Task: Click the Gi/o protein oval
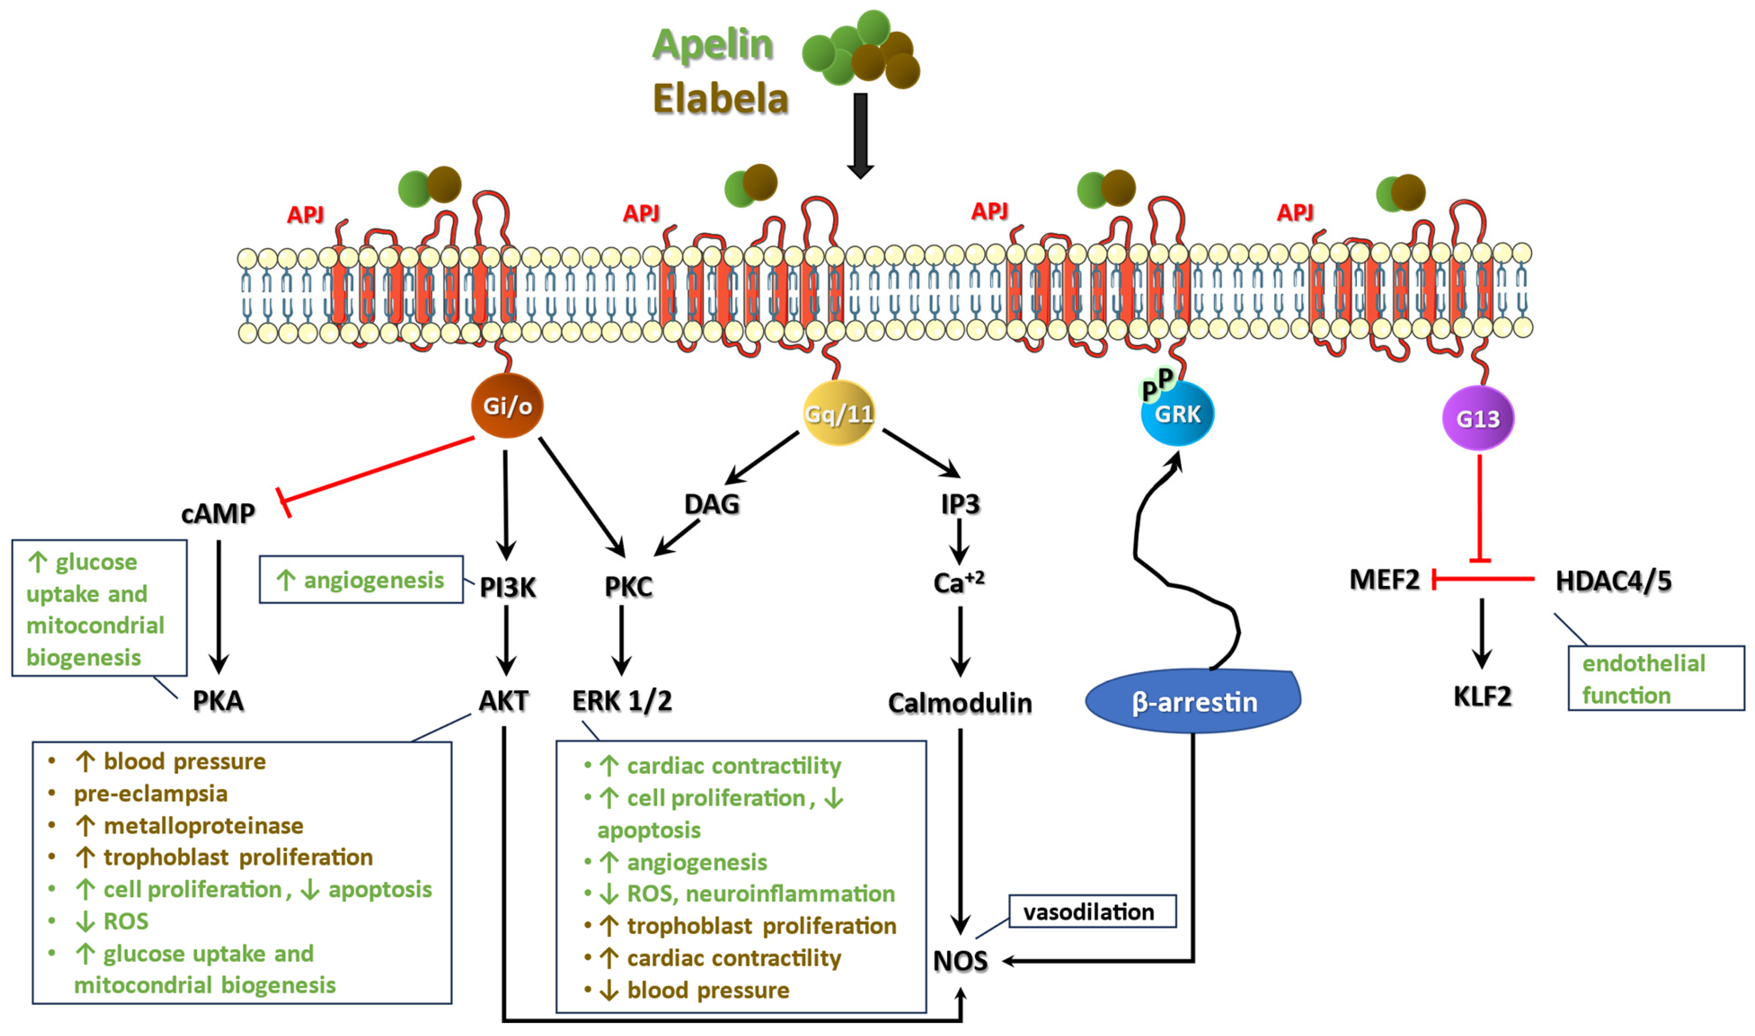pyautogui.click(x=507, y=406)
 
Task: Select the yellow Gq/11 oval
pyautogui.click(x=838, y=413)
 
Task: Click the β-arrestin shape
pyautogui.click(x=1193, y=702)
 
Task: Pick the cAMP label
pyautogui.click(x=218, y=514)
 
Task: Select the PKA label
pyautogui.click(x=218, y=701)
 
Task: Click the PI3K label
pyautogui.click(x=507, y=588)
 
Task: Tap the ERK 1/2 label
pyautogui.click(x=621, y=701)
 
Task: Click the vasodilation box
pyautogui.click(x=1092, y=912)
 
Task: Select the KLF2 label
pyautogui.click(x=1481, y=697)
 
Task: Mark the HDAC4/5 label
pyautogui.click(x=1613, y=581)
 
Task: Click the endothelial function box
pyautogui.click(x=1655, y=678)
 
